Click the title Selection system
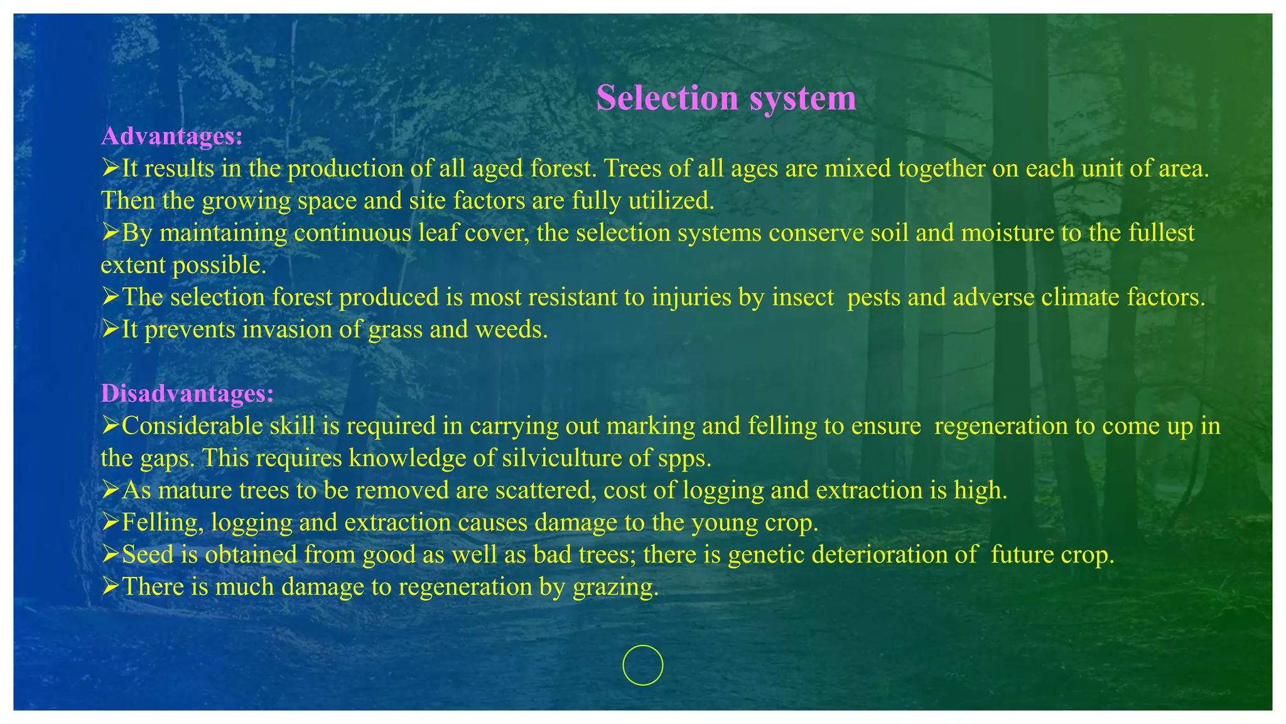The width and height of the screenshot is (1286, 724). click(x=726, y=99)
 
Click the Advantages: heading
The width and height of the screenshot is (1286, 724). click(x=171, y=136)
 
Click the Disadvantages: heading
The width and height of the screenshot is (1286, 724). click(x=187, y=393)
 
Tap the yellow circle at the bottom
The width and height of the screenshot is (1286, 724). click(x=642, y=665)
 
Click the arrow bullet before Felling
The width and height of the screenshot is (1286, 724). click(x=110, y=522)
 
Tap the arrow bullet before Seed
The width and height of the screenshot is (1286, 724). click(x=110, y=554)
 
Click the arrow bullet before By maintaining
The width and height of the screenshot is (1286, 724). click(x=110, y=232)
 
